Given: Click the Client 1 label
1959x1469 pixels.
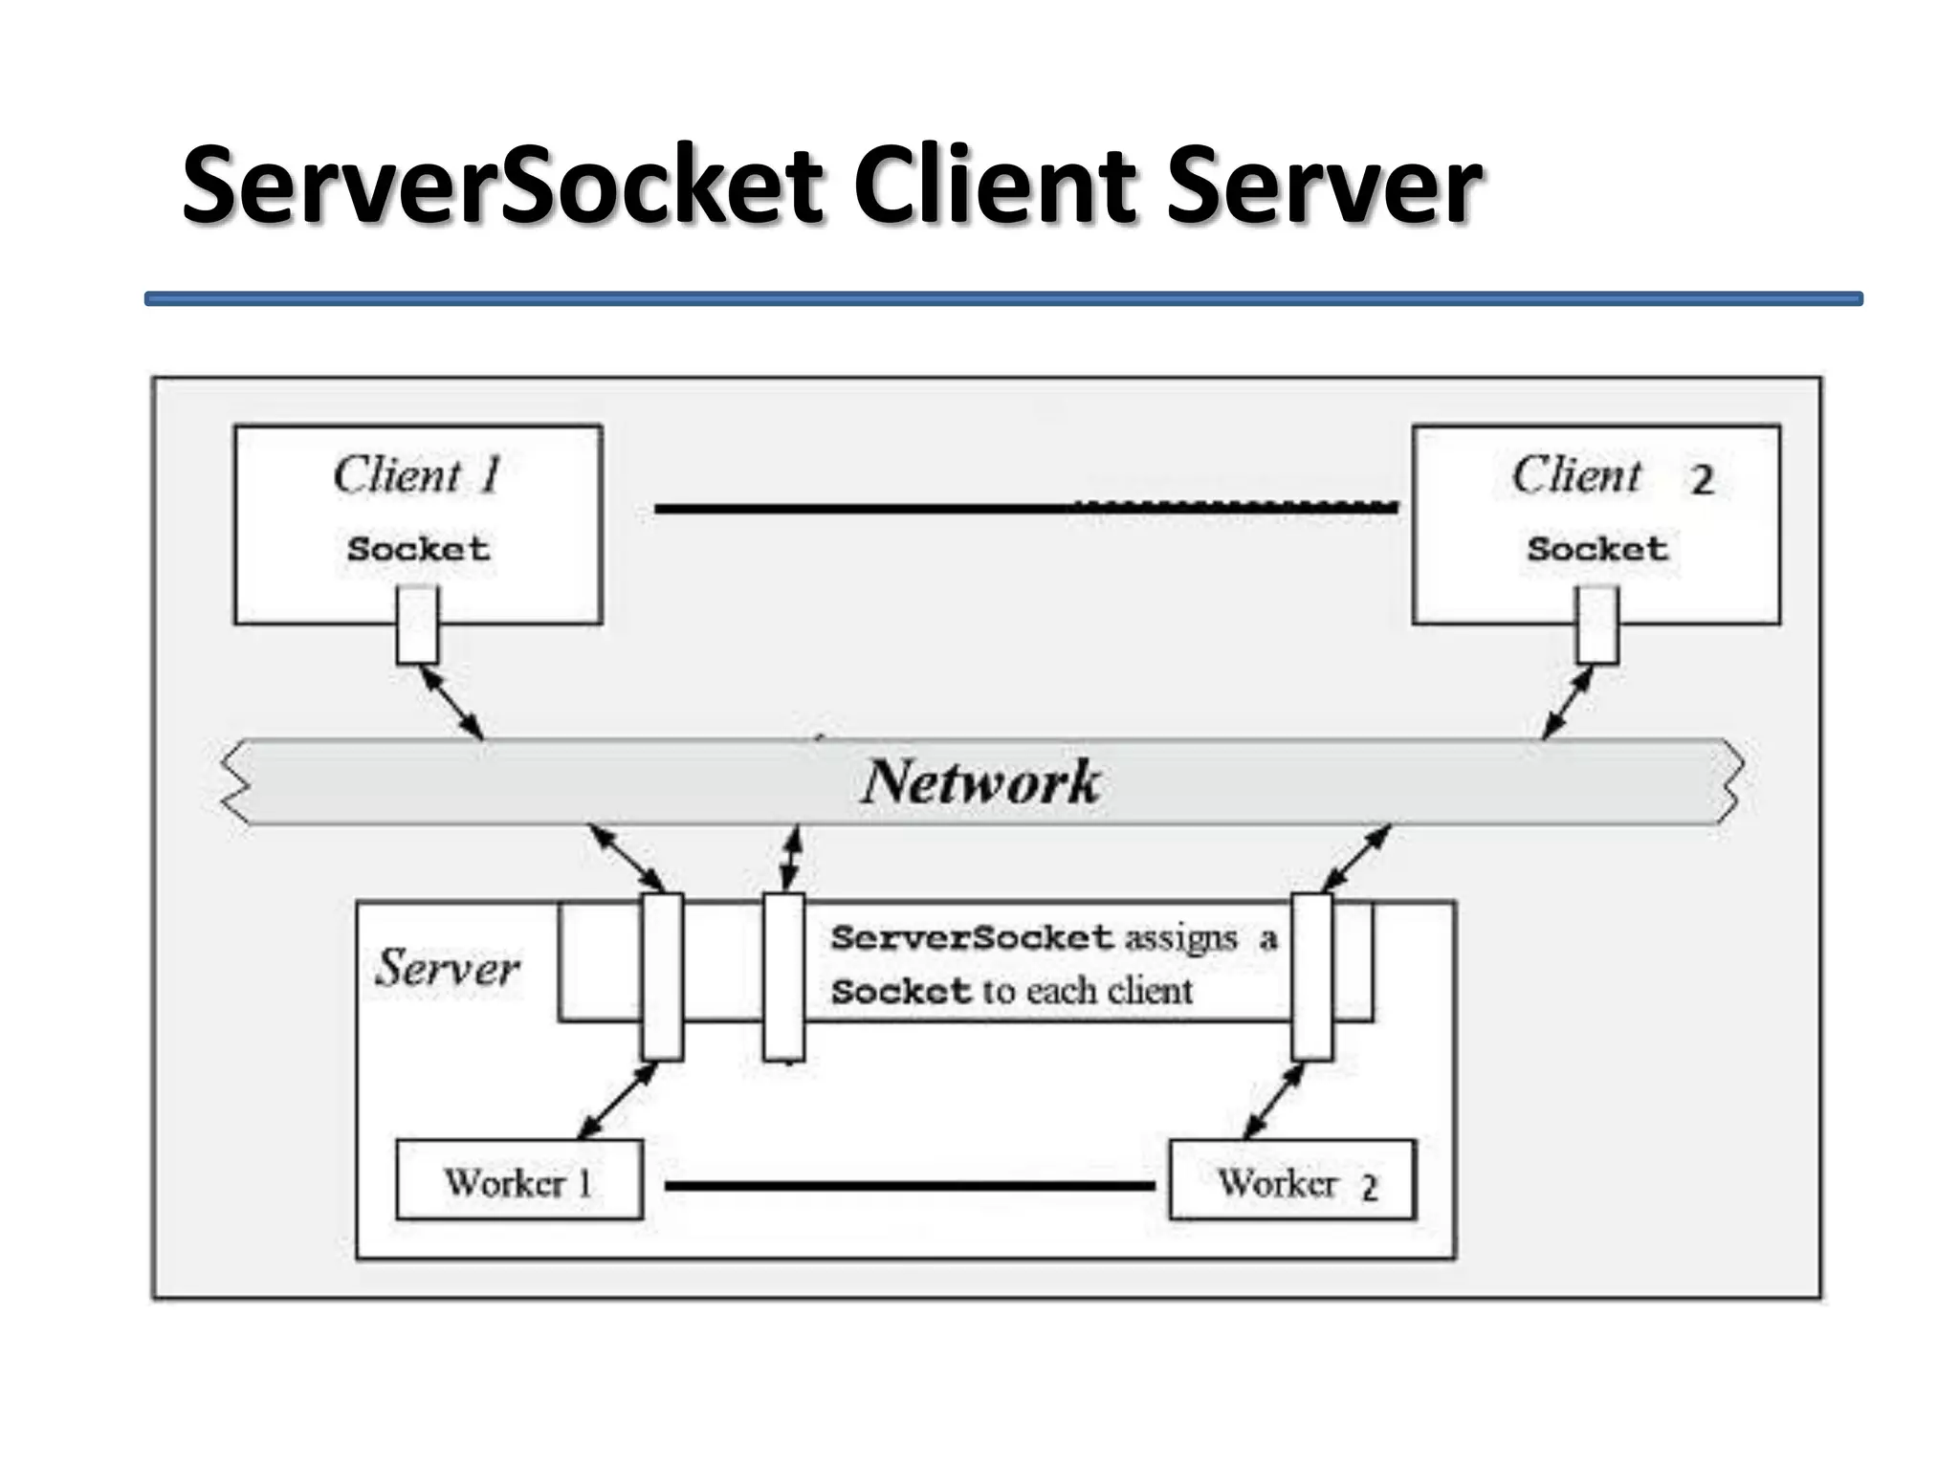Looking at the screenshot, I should [418, 475].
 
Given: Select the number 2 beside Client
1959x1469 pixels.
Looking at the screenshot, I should [1702, 480].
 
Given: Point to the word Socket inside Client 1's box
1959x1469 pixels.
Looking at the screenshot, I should [418, 549].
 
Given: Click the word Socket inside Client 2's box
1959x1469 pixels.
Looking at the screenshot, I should [1596, 549].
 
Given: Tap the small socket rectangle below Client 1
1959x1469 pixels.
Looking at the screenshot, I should [418, 625].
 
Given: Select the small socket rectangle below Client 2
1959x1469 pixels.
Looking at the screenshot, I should [1596, 625].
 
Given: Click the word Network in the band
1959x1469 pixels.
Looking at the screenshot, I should [980, 782].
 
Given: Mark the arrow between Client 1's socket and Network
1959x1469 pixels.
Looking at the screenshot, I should [451, 702].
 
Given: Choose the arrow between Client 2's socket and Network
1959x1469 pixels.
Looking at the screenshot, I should [1569, 702].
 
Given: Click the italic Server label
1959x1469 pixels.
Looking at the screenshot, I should [448, 968].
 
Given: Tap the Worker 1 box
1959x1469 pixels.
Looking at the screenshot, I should [518, 1180].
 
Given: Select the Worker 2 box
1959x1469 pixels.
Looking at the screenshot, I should [1292, 1180].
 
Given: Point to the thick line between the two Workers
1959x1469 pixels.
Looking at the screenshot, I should [909, 1186].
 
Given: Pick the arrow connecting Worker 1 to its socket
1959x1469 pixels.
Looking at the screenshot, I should [618, 1100].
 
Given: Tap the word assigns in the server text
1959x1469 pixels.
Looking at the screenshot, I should [1180, 938].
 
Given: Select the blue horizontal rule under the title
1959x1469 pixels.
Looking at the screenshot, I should [1002, 299].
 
